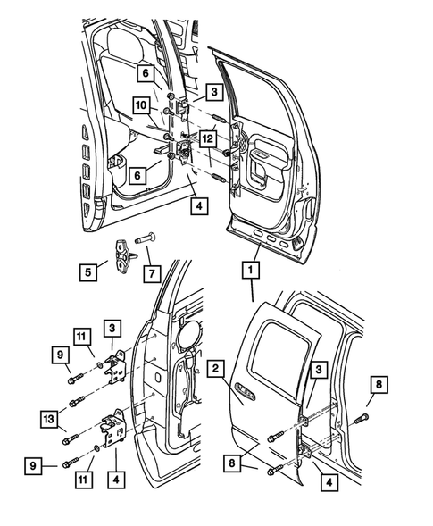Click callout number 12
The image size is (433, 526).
pyautogui.click(x=207, y=139)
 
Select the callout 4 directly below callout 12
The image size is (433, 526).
pyautogui.click(x=201, y=205)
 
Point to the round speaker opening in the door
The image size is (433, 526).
pyautogui.click(x=190, y=331)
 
